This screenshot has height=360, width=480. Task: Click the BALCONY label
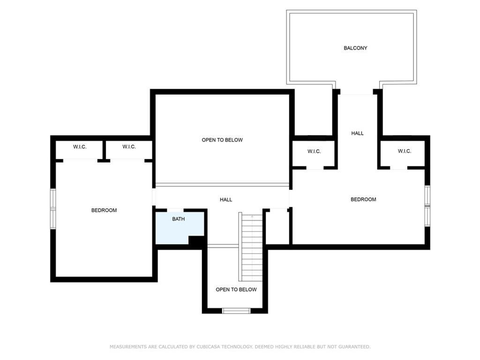[x=355, y=48]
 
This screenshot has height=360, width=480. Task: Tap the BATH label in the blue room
[x=178, y=219]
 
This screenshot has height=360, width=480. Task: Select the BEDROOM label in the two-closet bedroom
[x=104, y=210]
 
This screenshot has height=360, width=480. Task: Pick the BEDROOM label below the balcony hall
[x=363, y=199]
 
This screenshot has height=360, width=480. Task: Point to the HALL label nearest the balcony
[x=357, y=133]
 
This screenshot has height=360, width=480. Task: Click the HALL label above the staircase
[x=226, y=200]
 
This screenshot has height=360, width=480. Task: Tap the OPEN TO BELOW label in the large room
[x=222, y=140]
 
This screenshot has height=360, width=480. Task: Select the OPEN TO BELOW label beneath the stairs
[x=236, y=289]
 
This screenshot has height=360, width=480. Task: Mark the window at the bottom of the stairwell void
[x=236, y=310]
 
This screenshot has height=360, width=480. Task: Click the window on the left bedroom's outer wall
[x=53, y=209]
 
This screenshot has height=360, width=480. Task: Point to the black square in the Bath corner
[x=196, y=240]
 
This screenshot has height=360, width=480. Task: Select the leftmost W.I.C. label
[x=80, y=147]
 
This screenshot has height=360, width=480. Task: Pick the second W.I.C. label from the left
[x=129, y=147]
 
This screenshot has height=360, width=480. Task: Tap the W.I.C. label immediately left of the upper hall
[x=314, y=151]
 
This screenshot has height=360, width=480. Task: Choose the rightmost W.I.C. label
[x=404, y=151]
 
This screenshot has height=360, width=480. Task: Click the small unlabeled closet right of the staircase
[x=277, y=227]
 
